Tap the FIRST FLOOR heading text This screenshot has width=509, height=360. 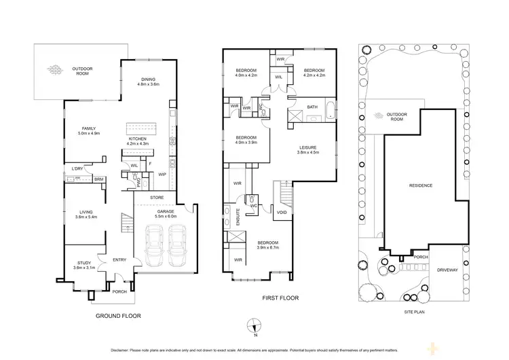(x=280, y=298)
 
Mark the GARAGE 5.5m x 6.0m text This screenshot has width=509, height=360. (x=166, y=213)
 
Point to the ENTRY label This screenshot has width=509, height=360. (x=120, y=259)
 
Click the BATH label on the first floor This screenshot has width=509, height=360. (x=312, y=107)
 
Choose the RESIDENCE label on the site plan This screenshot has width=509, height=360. (x=420, y=185)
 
